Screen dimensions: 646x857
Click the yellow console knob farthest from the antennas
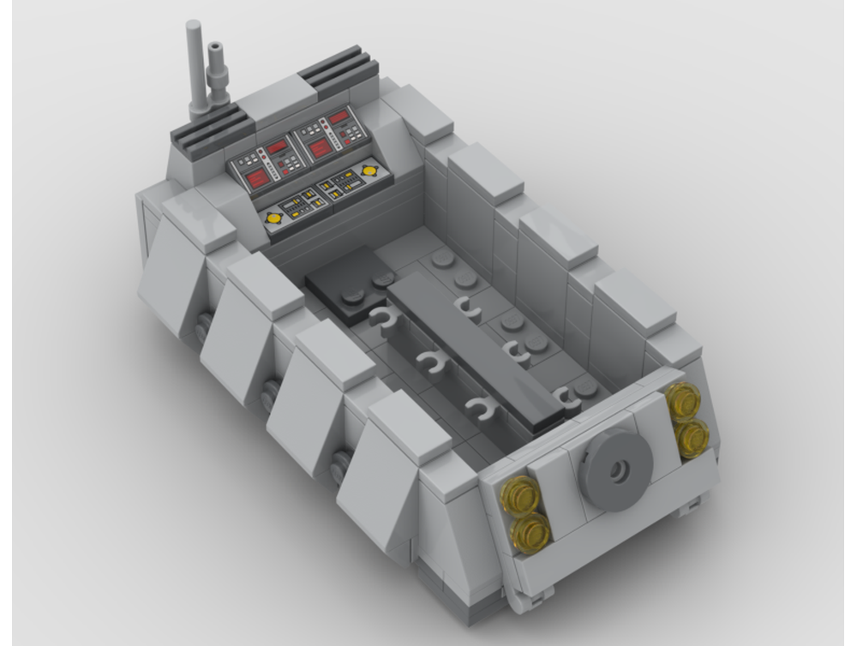pyautogui.click(x=369, y=170)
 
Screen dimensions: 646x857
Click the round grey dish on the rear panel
pyautogui.click(x=615, y=467)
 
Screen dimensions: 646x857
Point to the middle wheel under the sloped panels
pyautogui.click(x=271, y=395)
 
